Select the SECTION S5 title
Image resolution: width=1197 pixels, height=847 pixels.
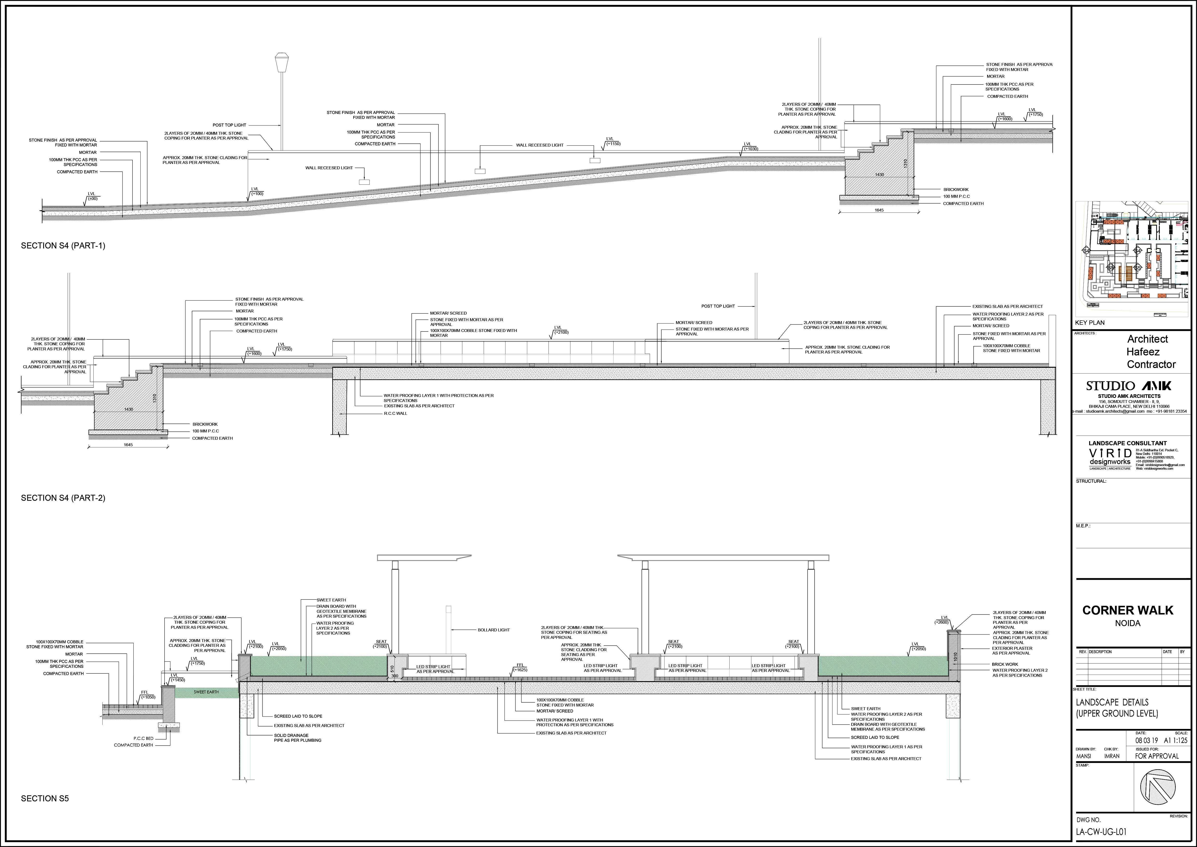pyautogui.click(x=45, y=798)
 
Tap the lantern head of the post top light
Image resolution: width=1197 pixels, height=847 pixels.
pyautogui.click(x=282, y=61)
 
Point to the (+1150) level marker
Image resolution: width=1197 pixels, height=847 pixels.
pyautogui.click(x=613, y=143)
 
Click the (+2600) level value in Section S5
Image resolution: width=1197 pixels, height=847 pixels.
pyautogui.click(x=941, y=622)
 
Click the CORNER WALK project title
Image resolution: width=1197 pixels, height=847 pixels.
pyautogui.click(x=1128, y=610)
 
